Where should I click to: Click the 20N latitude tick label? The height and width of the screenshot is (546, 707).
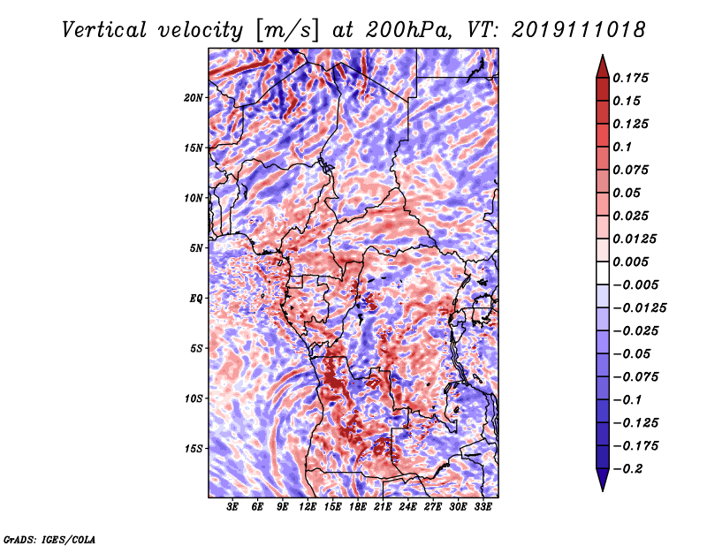coord(194,98)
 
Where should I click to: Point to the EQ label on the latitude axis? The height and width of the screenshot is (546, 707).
coord(196,299)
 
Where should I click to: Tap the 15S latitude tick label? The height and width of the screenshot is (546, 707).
coord(194,449)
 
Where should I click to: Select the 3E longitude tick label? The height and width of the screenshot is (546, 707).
coord(232,507)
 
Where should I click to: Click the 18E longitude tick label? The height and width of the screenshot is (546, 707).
coord(357,507)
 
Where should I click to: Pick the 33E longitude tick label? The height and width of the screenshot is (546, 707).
coord(483,507)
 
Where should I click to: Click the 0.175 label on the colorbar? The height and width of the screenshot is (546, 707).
coord(630,78)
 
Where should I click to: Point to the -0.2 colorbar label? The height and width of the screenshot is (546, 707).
coord(627,469)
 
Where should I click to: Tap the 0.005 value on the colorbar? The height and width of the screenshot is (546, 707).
coord(630,262)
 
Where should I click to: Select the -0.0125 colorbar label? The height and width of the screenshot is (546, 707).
coord(639,308)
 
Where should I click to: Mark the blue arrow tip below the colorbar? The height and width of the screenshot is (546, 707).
coord(603,490)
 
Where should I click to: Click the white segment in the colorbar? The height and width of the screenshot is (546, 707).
coord(603,273)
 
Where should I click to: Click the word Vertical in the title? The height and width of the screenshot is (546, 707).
coord(104,30)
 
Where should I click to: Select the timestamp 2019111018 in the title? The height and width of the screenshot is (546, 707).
coord(579,30)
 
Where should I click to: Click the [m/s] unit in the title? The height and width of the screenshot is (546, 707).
coord(287,30)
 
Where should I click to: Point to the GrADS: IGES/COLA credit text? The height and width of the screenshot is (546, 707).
coord(49,539)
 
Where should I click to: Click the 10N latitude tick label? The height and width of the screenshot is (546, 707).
coord(194,198)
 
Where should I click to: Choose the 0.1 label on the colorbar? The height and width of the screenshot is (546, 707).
coord(622,147)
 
